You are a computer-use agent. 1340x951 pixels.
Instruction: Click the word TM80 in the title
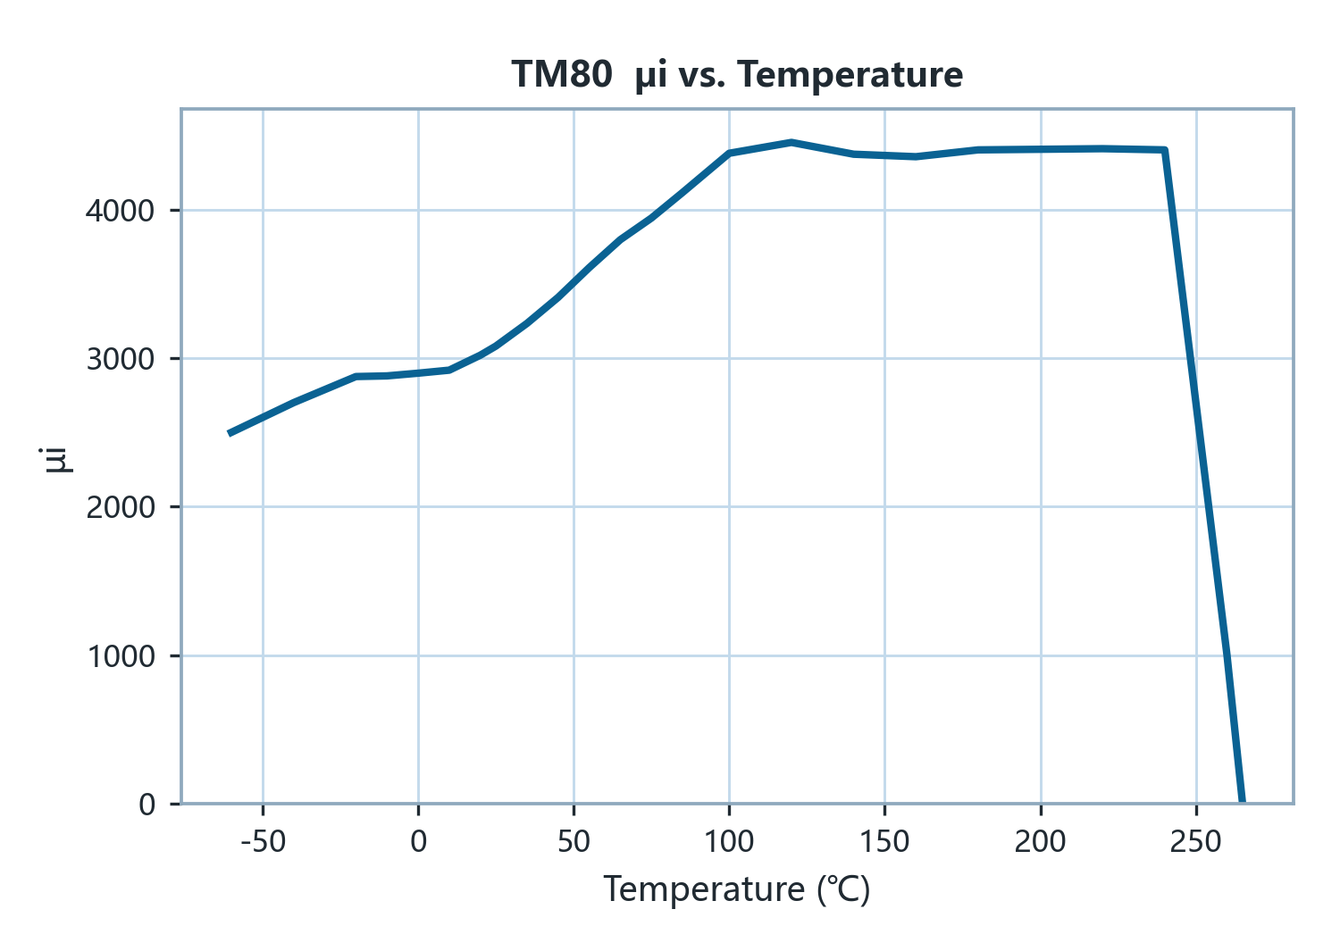[562, 75]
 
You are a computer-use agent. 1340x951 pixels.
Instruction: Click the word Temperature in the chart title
[850, 75]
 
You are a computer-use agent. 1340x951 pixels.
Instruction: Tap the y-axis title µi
[55, 460]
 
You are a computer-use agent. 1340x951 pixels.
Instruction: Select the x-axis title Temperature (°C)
[736, 888]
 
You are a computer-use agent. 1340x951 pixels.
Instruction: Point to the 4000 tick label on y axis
[121, 211]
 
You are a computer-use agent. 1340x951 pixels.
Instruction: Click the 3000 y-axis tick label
[121, 360]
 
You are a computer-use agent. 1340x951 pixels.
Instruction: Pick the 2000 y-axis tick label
[121, 508]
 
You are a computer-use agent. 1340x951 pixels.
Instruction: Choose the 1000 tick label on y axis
[121, 656]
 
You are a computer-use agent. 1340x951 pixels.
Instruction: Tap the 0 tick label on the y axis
[147, 805]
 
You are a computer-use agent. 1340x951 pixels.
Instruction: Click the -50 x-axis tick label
[264, 841]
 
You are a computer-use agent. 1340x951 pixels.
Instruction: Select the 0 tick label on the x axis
[419, 841]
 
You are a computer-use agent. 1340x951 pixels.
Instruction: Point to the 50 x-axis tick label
[574, 841]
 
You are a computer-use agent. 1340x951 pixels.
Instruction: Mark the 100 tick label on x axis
[729, 841]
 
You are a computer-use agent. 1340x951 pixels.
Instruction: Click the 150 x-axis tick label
[884, 841]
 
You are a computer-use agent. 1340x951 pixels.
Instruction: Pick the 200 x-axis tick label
[1041, 841]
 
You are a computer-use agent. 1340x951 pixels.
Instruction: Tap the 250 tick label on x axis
[1196, 841]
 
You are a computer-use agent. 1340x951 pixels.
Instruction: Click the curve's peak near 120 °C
[791, 142]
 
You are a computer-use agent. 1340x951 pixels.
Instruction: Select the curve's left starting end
[230, 433]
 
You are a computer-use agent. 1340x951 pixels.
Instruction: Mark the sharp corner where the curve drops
[1165, 149]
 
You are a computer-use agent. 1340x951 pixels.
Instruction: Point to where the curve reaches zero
[1242, 802]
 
